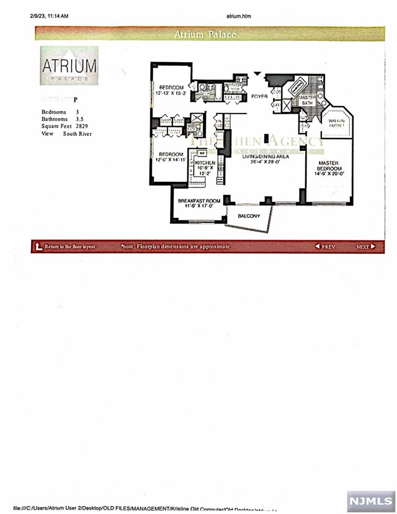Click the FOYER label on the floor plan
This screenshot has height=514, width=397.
click(259, 96)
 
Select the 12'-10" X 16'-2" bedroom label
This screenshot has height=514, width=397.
click(170, 90)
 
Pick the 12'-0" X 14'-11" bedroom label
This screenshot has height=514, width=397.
click(170, 157)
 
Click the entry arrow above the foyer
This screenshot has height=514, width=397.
click(257, 73)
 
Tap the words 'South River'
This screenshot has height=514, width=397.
click(78, 133)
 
